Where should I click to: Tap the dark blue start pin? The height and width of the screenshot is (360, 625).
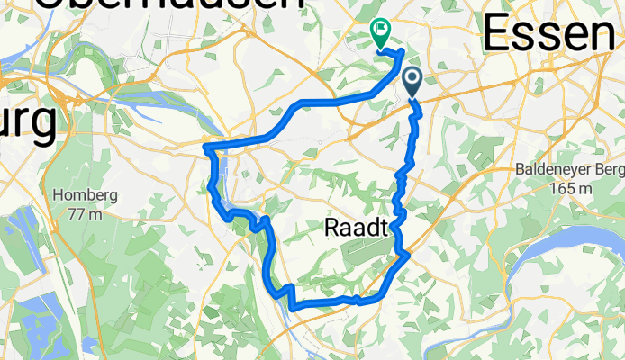413,82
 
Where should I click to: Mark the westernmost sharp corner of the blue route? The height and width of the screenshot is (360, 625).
207,146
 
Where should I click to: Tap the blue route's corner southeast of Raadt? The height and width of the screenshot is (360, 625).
407,255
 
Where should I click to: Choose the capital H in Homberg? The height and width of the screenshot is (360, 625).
59,195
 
